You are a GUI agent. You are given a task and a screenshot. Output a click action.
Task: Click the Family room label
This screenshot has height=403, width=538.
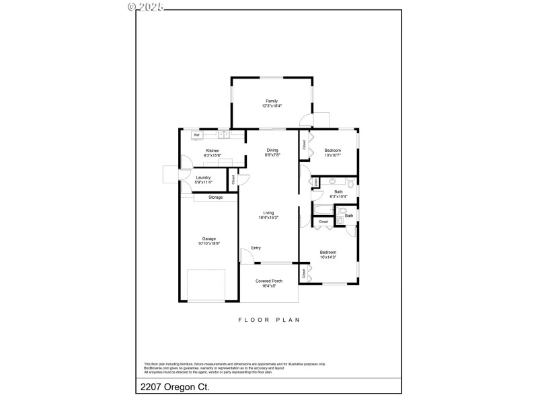point(272,101)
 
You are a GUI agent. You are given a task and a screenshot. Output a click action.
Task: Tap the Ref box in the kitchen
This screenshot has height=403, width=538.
point(197,135)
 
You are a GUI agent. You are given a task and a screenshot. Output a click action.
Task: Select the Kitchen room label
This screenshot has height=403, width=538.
point(213,150)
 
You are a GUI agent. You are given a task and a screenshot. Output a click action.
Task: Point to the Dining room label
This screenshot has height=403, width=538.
point(272,150)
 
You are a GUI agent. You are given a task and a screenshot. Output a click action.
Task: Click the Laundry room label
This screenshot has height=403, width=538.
point(203,177)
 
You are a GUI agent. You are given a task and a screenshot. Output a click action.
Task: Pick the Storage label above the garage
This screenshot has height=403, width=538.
point(215,197)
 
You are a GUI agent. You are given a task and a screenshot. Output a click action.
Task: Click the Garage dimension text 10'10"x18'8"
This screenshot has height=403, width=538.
point(209,243)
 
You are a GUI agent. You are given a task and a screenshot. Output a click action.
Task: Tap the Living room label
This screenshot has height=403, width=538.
point(268,213)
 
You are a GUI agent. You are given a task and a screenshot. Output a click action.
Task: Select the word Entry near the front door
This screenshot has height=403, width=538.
point(256,248)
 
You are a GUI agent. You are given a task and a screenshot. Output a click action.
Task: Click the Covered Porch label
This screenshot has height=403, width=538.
point(269,281)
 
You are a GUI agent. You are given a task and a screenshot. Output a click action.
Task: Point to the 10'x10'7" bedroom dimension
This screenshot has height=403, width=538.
point(332,155)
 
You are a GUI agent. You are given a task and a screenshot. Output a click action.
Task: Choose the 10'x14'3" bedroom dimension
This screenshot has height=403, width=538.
point(328,257)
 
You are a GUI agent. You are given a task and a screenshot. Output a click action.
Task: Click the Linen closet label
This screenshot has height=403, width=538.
point(315,182)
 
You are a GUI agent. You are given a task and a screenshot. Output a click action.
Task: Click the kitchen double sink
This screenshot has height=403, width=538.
point(224,135)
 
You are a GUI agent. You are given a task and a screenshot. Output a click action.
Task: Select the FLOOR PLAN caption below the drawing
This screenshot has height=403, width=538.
point(269,320)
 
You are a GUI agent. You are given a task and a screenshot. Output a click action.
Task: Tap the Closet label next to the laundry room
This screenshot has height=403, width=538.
point(233,180)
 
